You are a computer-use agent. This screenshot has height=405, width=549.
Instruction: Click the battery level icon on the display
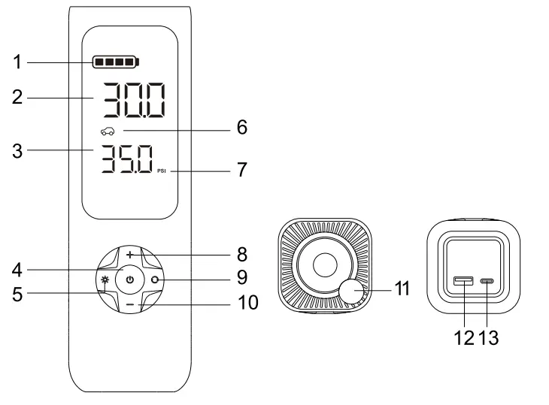pos(116,62)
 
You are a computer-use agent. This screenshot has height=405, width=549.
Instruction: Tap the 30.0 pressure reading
pos(134,100)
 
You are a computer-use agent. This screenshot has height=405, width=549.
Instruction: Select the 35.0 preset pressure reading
pos(127,159)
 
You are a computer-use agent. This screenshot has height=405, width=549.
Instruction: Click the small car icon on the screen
pos(108,131)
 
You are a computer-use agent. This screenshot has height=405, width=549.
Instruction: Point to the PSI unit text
pos(162,171)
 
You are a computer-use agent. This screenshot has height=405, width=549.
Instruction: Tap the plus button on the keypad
pos(130,255)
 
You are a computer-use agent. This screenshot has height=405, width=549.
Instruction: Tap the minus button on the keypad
pos(130,304)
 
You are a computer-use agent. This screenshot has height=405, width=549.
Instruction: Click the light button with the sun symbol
pos(105,280)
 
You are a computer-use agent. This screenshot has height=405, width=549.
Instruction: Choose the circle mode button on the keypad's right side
pos(155,280)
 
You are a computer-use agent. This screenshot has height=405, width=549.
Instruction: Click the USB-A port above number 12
pos(463,280)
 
